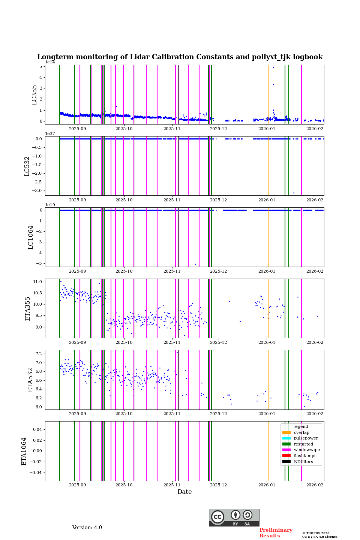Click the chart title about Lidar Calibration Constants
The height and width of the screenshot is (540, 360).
pyautogui.click(x=180, y=57)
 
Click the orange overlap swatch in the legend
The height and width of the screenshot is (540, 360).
pyautogui.click(x=286, y=432)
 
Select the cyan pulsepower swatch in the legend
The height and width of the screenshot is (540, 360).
pyautogui.click(x=286, y=438)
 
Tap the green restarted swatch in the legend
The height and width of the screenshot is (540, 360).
pyautogui.click(x=286, y=444)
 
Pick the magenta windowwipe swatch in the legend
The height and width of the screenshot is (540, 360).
pyautogui.click(x=286, y=450)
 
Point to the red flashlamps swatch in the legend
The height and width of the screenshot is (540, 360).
pyautogui.click(x=286, y=456)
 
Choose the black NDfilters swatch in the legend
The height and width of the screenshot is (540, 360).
pyautogui.click(x=286, y=462)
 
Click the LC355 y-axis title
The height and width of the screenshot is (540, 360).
pyautogui.click(x=34, y=95)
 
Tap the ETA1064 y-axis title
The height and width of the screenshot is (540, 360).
pyautogui.click(x=24, y=451)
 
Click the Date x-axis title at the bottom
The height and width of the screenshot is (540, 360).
pyautogui.click(x=184, y=492)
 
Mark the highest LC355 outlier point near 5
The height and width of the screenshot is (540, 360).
pyautogui.click(x=273, y=67)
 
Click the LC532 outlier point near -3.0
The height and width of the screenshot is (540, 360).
pyautogui.click(x=294, y=193)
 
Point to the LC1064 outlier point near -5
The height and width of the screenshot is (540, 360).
pyautogui.click(x=195, y=264)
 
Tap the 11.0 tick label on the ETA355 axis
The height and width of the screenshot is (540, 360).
pyautogui.click(x=37, y=282)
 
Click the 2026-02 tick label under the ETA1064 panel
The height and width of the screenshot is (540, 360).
pyautogui.click(x=315, y=485)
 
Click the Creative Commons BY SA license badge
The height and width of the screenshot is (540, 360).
pyautogui.click(x=234, y=517)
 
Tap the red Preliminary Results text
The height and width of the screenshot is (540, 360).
pyautogui.click(x=276, y=533)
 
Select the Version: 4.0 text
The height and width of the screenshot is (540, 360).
pyautogui.click(x=87, y=528)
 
